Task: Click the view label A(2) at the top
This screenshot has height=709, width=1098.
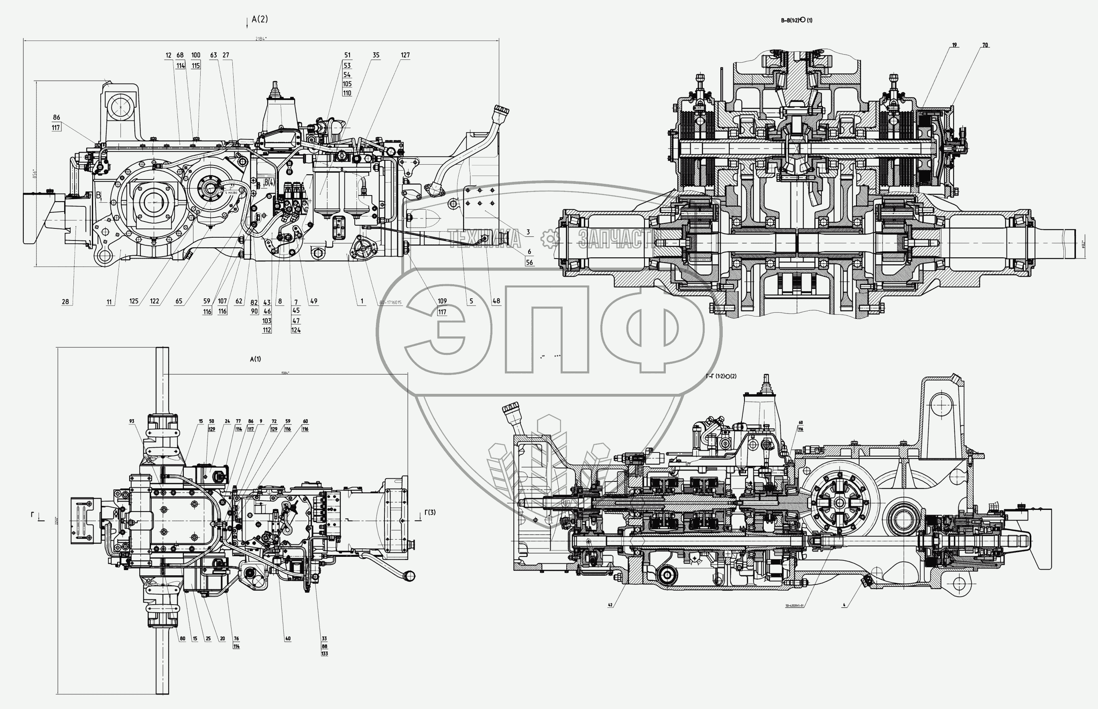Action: point(260,19)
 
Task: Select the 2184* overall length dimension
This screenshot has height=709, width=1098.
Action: point(261,39)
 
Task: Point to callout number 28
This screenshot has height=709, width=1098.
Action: point(65,302)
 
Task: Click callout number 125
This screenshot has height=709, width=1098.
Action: point(134,302)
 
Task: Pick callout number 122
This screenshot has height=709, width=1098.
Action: point(155,302)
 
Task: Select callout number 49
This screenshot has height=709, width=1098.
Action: point(313,302)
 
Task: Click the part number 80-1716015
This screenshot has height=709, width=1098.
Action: point(390,302)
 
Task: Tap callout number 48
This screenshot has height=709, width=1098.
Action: point(496,302)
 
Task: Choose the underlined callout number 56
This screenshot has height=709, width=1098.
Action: point(529,263)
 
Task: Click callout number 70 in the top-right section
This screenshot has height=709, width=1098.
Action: point(985,45)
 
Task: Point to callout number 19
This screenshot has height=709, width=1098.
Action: point(955,45)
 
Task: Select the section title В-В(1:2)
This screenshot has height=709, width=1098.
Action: point(796,20)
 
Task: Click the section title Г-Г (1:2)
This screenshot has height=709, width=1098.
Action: point(721,376)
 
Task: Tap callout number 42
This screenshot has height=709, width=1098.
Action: point(610,605)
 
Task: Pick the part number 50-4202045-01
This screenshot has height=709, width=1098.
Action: point(794,606)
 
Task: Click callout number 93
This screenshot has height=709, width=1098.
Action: point(132,421)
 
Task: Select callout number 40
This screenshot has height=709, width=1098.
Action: point(288,639)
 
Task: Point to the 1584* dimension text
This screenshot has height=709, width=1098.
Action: point(285,373)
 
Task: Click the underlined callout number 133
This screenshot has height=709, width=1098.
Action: point(324,654)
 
